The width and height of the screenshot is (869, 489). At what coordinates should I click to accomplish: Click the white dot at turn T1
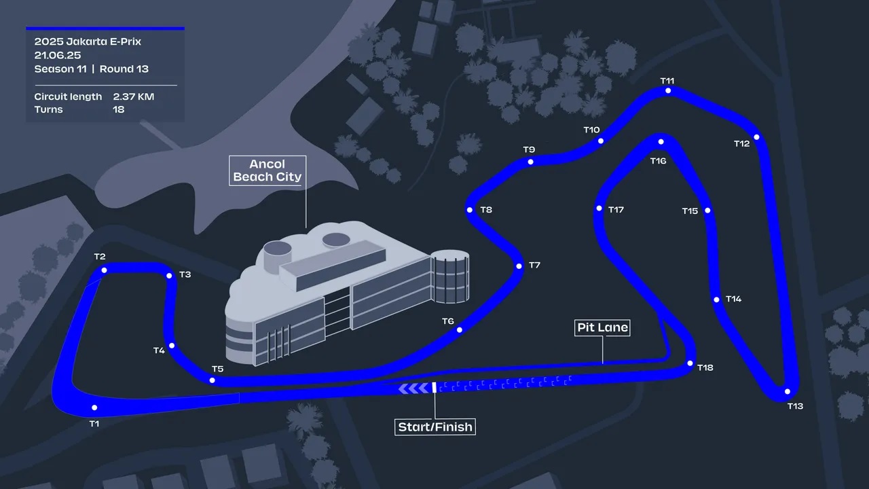tap(94, 407)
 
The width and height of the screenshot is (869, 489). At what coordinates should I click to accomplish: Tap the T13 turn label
tap(795, 406)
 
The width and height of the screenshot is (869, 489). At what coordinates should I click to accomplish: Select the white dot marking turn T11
tap(668, 91)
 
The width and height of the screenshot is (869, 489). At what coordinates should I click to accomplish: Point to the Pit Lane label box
tap(602, 327)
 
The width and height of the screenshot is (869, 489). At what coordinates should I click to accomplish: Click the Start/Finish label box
tap(435, 427)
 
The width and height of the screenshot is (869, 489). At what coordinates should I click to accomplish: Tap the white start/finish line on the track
tap(434, 387)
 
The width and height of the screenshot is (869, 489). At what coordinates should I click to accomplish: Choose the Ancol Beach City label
tap(267, 170)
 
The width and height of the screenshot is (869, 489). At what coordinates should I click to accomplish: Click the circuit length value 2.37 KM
tap(134, 96)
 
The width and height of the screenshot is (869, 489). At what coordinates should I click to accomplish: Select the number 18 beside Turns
tap(119, 109)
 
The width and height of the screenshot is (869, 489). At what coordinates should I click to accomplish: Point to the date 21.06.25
tap(58, 55)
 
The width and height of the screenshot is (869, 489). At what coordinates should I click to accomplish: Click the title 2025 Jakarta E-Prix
tap(88, 41)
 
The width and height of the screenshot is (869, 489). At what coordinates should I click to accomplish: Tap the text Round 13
tap(124, 69)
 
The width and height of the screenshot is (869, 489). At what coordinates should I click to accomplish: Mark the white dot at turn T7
tap(519, 266)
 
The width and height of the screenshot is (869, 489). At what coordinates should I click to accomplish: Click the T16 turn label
tap(658, 161)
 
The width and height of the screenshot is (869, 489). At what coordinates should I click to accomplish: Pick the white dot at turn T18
tap(690, 363)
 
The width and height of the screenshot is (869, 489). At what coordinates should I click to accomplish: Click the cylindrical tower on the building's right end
tap(450, 276)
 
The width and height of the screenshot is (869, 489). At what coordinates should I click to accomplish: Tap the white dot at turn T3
tap(169, 276)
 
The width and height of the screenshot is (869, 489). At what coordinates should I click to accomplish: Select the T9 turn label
tap(529, 149)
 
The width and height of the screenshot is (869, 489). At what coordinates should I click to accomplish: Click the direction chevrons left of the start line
tap(414, 388)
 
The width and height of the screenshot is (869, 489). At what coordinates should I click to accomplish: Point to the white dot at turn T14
tap(716, 300)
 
